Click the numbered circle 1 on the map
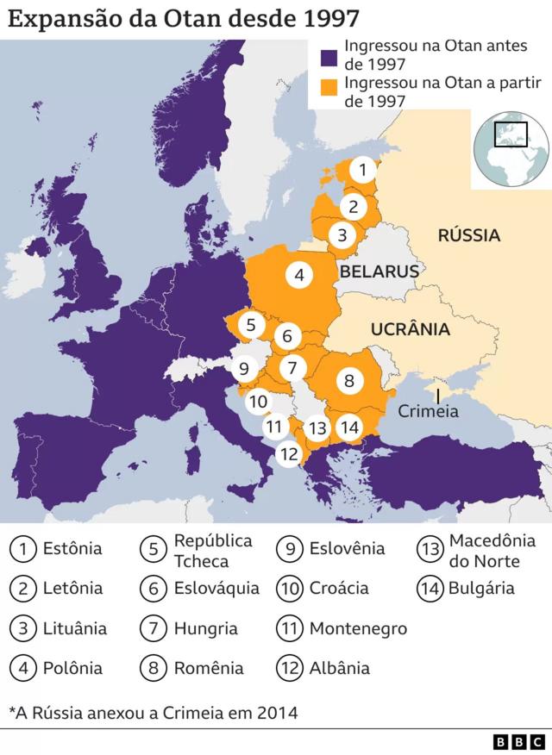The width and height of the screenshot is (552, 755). pyautogui.click(x=364, y=170)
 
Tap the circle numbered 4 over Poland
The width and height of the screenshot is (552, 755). pyautogui.click(x=298, y=276)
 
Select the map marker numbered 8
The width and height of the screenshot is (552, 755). pyautogui.click(x=348, y=380)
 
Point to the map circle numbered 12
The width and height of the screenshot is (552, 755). pyautogui.click(x=290, y=453)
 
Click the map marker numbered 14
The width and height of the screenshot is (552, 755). pyautogui.click(x=349, y=427)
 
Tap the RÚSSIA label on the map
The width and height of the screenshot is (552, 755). pyautogui.click(x=468, y=235)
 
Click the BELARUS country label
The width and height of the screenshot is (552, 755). pyautogui.click(x=379, y=271)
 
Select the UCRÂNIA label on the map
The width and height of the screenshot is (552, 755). pyautogui.click(x=410, y=328)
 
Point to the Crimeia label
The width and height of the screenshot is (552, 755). pyautogui.click(x=428, y=412)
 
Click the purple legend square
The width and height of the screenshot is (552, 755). pyautogui.click(x=328, y=58)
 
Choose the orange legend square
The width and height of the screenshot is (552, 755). pyautogui.click(x=328, y=87)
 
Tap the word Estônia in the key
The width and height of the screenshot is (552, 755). pyautogui.click(x=72, y=548)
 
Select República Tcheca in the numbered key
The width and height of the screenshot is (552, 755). pyautogui.click(x=213, y=551)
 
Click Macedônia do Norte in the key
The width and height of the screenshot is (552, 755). pyautogui.click(x=492, y=551)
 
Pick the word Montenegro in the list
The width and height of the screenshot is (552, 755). pyautogui.click(x=358, y=628)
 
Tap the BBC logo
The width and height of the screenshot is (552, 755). pyautogui.click(x=519, y=741)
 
